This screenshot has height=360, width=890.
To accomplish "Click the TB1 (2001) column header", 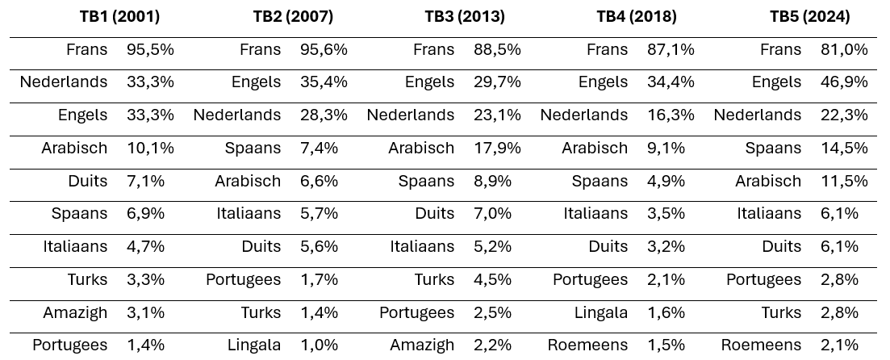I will point(119,16).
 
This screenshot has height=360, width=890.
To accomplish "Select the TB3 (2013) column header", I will point(465,16).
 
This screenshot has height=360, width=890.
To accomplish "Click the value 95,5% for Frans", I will point(150,49).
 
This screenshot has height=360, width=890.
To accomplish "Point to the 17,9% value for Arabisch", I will point(497,148).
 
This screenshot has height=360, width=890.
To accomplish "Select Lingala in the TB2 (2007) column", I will point(254,345).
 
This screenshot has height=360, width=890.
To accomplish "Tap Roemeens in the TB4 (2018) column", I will point(587,345).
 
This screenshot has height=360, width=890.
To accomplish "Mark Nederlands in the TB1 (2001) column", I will point(64,82).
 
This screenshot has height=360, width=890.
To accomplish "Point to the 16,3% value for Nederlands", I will point(671,115).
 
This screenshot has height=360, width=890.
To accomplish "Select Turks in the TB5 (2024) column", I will point(781,312).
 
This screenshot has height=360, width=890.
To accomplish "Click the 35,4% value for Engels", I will point(324,82).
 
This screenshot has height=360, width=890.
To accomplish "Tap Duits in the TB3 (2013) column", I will point(434,214).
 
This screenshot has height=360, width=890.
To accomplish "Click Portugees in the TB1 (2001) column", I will point(69,345).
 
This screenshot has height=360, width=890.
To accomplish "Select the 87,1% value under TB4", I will point(671,49).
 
